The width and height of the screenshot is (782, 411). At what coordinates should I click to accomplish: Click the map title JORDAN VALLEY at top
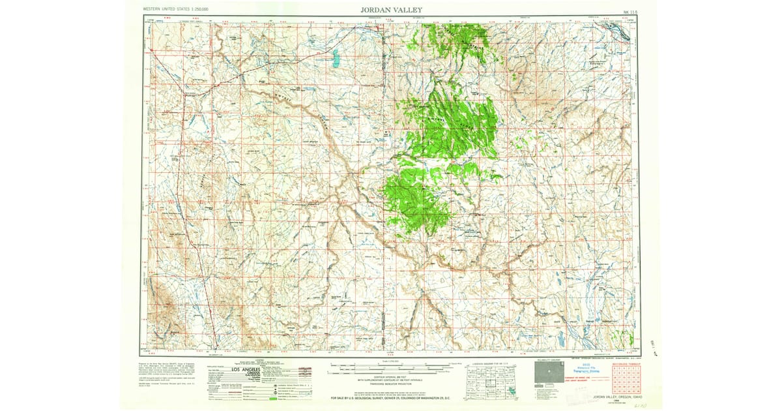coord(391,10)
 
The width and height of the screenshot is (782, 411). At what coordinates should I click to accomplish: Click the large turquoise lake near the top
coord(336,59)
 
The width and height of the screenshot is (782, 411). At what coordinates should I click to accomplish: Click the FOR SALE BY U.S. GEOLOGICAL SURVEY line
coord(391,398)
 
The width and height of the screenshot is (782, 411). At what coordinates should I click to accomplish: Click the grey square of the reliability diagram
coord(549,372)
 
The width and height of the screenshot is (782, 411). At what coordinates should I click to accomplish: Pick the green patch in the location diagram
coord(512,391)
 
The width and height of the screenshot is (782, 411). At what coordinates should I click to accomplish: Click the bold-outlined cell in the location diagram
coord(491,383)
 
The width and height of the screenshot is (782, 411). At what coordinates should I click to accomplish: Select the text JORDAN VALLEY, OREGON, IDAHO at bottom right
coord(617,397)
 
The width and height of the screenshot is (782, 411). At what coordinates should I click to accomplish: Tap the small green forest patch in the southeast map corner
coord(624,337)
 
